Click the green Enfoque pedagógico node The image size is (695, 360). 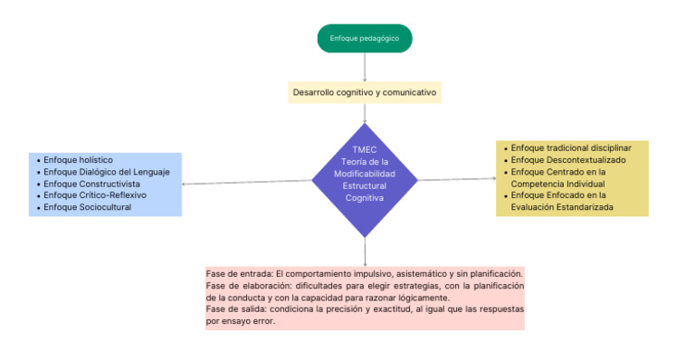pos(365,38)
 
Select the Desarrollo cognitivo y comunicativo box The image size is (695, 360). pos(365,92)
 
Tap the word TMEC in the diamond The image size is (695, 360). pos(365,149)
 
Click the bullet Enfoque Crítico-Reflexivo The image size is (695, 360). pos(94,194)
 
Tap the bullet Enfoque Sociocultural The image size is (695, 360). pos(87,207)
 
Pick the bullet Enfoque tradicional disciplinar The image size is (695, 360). pos(570,147)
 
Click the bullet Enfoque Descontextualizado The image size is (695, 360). pos(563,159)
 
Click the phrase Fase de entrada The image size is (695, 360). pos(239,273)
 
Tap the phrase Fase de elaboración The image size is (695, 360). pos(247,286)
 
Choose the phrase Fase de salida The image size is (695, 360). pos(236,308)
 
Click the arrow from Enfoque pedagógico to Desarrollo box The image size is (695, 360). pos(365,67)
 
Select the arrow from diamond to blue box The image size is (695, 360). pos(246,183)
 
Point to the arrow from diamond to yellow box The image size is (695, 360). pos(457,179)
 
